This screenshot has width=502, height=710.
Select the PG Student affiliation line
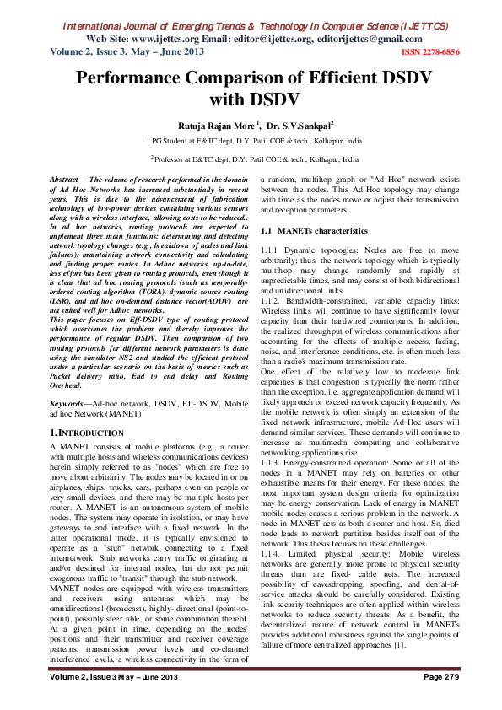[x=255, y=141]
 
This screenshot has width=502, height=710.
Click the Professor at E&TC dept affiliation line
[x=255, y=159]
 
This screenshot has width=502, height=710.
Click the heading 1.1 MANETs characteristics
[x=314, y=230]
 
